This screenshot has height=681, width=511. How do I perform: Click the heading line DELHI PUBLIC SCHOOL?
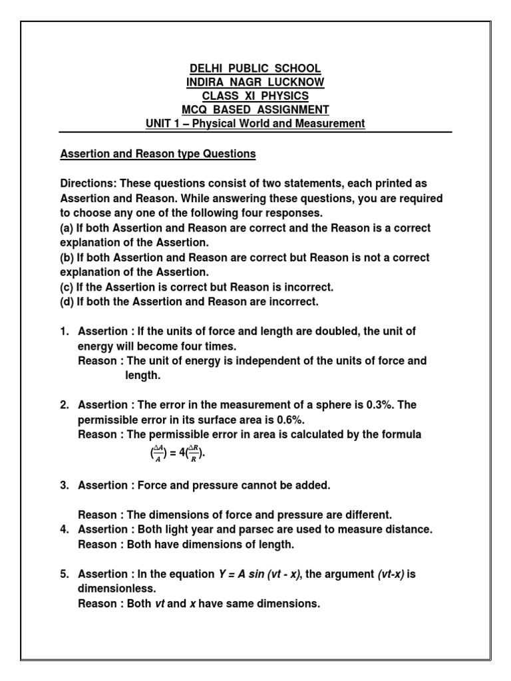tap(255, 68)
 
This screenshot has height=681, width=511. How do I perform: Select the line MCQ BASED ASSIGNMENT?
tap(255, 110)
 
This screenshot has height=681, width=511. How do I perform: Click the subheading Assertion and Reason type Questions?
tap(158, 154)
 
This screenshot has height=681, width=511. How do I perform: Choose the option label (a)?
tap(67, 228)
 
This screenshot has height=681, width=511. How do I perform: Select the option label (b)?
tap(67, 257)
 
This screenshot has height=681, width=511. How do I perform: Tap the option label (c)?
tap(67, 287)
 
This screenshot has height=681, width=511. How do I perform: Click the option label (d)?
tap(67, 302)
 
